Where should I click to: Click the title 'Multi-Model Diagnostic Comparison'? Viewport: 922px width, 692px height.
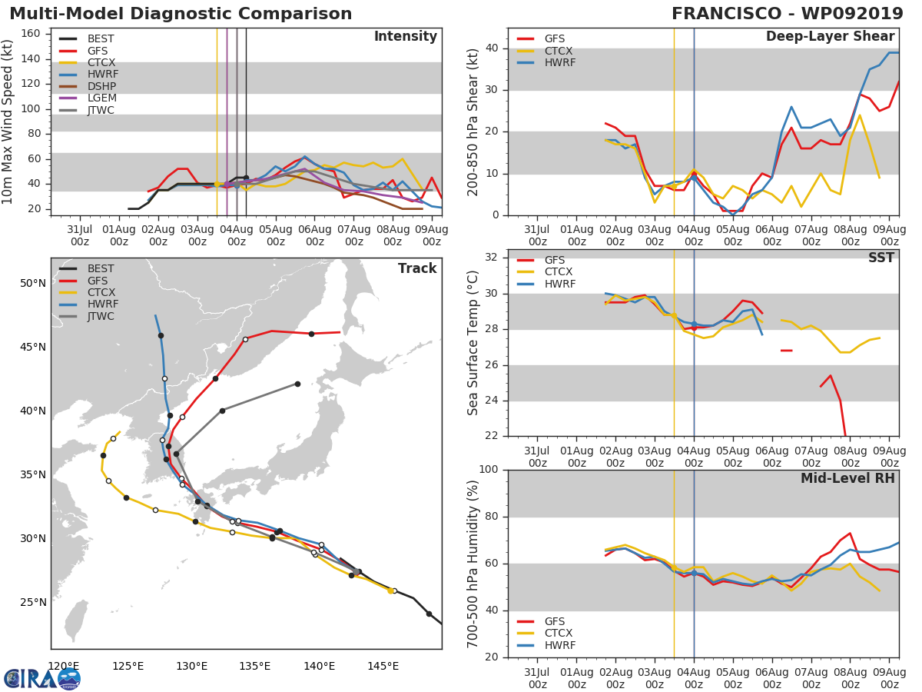click(181, 14)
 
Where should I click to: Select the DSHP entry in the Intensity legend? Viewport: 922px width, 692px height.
click(101, 86)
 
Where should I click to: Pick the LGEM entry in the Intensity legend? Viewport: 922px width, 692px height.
click(101, 98)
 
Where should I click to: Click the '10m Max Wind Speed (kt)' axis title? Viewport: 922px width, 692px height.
click(8, 121)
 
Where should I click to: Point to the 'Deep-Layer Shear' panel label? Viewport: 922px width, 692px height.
click(830, 37)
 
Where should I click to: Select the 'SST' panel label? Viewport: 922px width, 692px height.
click(881, 258)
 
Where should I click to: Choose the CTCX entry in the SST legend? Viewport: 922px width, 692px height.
click(558, 272)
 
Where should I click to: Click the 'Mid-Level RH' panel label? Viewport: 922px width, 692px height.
click(847, 478)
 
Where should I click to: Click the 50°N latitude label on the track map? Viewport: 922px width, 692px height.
click(32, 283)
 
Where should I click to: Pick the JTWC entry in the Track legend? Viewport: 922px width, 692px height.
click(101, 316)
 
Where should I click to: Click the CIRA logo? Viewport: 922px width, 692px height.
click(41, 678)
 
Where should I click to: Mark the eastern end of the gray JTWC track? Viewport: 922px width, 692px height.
click(297, 384)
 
